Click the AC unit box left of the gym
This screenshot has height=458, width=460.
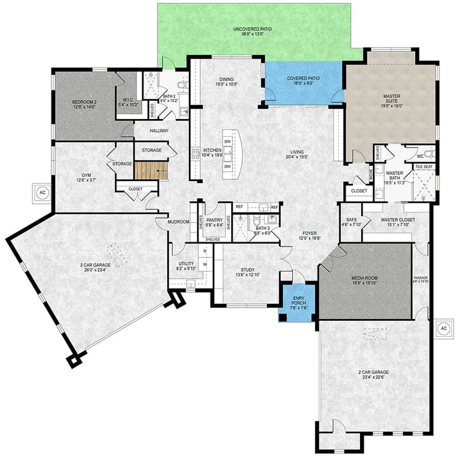pos(42,193)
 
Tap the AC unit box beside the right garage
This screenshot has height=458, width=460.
pos(443,328)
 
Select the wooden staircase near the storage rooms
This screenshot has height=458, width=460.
pos(151,171)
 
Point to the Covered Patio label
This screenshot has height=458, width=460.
pos(303,78)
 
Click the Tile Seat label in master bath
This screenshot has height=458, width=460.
pos(424,167)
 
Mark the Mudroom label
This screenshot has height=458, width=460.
pos(178,221)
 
